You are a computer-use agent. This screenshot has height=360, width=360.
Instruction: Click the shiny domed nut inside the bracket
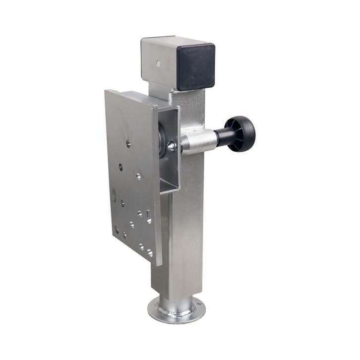coord(172,146)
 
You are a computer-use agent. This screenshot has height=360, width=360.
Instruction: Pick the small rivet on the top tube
coord(158,64)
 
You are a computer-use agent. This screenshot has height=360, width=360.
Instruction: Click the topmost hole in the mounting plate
coord(128,144)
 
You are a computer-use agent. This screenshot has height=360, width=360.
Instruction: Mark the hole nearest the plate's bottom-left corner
coord(117,230)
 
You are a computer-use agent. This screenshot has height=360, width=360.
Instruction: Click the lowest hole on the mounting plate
coord(149,253)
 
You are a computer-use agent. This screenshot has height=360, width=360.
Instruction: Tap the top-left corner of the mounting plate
coord(106,91)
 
